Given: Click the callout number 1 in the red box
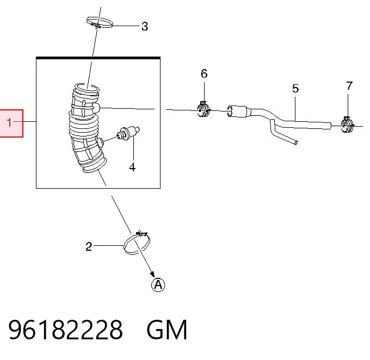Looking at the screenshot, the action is (9, 122).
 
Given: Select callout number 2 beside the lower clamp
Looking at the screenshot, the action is (89, 246).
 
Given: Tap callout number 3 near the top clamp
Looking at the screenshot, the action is (145, 27).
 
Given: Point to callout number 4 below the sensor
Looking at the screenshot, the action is (132, 167).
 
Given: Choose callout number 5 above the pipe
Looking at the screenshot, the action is (295, 89).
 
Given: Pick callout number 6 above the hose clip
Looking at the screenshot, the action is (204, 73).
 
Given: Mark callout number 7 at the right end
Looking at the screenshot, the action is (349, 86).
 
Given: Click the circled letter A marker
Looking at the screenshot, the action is (158, 285).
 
